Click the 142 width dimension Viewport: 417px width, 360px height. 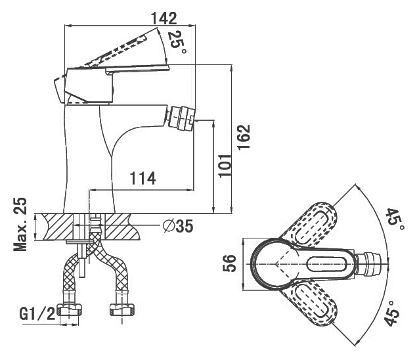[164, 18]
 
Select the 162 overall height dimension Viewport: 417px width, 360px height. [244, 137]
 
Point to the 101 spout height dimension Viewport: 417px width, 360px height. [225, 166]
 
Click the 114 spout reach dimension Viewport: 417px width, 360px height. [143, 178]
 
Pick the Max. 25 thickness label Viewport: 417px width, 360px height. [20, 224]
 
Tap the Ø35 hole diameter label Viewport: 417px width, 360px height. [178, 227]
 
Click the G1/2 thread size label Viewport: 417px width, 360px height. [37, 313]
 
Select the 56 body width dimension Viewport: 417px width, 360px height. [229, 263]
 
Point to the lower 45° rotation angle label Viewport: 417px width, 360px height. [393, 314]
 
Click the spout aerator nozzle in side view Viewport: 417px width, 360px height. [181, 118]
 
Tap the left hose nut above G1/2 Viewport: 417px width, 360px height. [70, 310]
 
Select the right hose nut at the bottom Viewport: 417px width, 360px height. [122, 310]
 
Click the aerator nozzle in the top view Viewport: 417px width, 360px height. [368, 265]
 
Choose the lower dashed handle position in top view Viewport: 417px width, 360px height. [313, 304]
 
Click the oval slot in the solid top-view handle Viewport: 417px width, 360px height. [326, 265]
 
